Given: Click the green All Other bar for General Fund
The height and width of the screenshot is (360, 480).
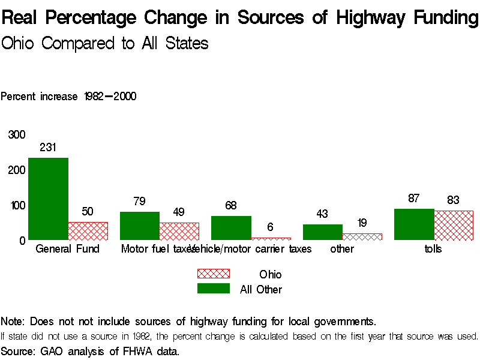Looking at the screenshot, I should click(48, 199).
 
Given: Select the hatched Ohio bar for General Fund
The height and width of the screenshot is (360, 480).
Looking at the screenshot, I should click(88, 231).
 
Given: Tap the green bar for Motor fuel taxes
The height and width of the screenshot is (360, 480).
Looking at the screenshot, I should click(139, 226).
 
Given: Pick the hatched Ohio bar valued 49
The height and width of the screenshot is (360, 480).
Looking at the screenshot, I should click(179, 231).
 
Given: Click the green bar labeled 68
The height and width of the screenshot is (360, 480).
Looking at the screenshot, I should click(231, 227).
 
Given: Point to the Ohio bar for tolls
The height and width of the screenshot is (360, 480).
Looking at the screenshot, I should click(453, 225).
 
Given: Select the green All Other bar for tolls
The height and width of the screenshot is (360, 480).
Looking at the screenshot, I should click(413, 224).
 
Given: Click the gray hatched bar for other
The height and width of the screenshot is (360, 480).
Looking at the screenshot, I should click(362, 236).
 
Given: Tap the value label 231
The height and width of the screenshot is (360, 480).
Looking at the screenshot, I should click(48, 147).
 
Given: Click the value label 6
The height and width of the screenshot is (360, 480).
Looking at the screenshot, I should click(270, 227).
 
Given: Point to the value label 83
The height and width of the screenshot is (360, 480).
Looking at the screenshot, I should click(453, 200).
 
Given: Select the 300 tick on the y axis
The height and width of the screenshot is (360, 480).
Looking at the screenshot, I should click(17, 134).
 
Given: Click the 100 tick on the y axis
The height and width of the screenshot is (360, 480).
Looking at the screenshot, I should click(17, 205).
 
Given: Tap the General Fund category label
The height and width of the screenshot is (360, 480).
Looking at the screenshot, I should click(68, 249).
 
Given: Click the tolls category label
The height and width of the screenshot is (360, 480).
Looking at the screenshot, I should click(433, 249).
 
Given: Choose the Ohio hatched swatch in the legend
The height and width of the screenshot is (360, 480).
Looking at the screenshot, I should click(213, 274).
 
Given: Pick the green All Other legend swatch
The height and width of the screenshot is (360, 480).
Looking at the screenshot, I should click(213, 289).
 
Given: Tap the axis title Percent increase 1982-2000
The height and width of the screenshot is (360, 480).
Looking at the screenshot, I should click(68, 97).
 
